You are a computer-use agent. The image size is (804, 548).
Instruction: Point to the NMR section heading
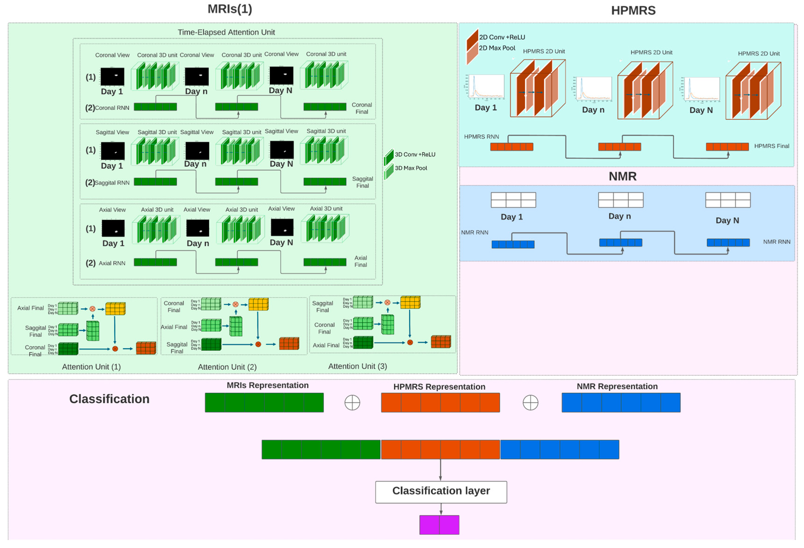coord(622,177)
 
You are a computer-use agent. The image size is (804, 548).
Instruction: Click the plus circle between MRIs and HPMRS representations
coord(352,403)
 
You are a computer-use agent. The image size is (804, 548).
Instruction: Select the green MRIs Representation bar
coord(264,402)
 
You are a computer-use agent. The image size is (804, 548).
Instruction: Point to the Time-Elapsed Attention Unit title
coord(226,32)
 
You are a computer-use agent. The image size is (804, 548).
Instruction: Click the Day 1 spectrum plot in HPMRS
coord(486,87)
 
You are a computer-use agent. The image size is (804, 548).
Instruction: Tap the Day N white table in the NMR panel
coord(728,200)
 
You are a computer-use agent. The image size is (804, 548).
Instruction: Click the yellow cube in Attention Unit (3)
coord(410,303)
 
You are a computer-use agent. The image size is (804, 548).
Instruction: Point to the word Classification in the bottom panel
coord(109,399)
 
